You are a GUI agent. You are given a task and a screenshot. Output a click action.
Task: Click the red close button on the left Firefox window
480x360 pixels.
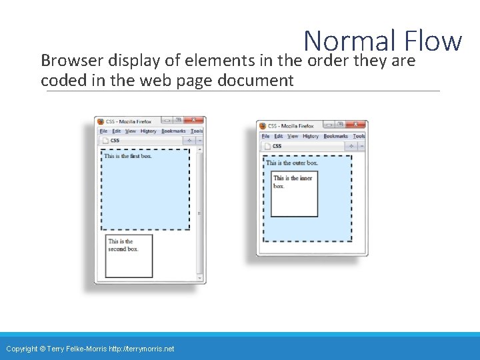point(195,121)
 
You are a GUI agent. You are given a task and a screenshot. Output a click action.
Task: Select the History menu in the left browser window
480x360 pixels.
point(148,131)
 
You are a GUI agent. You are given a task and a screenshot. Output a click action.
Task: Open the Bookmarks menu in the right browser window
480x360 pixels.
point(336,136)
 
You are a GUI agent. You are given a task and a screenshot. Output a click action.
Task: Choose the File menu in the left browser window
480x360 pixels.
point(104,131)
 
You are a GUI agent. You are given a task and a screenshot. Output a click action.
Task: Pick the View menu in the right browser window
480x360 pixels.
point(293,136)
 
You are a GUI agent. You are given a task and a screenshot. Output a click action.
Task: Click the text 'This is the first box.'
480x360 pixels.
point(128,156)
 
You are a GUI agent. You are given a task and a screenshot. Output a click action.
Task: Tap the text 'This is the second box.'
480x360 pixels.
point(123,245)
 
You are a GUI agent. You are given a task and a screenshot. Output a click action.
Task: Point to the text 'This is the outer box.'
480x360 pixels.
point(292,163)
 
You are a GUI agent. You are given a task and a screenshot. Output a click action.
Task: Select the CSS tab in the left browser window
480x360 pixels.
point(115,141)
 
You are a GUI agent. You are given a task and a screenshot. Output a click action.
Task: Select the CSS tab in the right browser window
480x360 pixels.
point(277,146)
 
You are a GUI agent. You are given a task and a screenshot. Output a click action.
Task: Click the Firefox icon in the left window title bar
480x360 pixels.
point(101,121)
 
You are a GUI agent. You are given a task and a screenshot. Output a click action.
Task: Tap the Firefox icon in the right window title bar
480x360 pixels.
point(263,125)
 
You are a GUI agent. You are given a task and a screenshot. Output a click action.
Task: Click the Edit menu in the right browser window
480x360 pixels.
point(279,136)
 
